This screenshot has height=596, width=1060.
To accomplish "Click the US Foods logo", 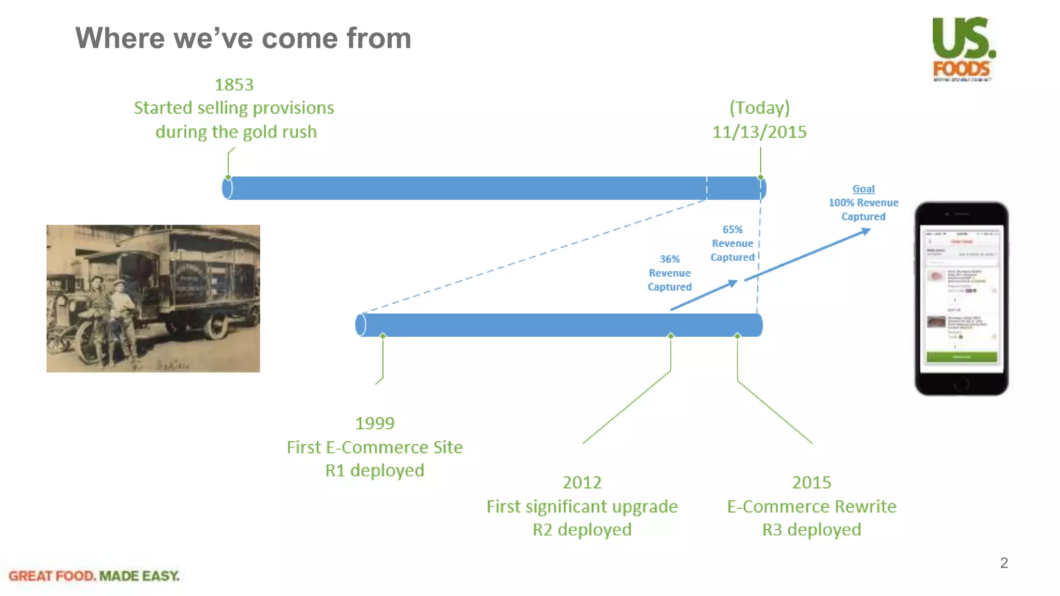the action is pos(963,49).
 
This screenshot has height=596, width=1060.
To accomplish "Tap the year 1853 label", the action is pos(234,85).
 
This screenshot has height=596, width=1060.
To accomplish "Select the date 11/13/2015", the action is pos(759,132).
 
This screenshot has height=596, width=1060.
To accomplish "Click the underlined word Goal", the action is pos(863,189).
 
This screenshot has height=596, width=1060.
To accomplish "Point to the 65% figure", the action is pos(732,229).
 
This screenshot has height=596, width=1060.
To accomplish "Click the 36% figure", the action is pos(669,259).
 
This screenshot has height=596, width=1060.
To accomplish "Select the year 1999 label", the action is pos(375,423).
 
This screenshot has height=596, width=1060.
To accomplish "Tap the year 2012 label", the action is pos(582,482).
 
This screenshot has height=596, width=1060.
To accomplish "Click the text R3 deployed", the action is pos(812,529).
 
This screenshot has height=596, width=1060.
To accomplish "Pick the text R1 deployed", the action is pos(375,470).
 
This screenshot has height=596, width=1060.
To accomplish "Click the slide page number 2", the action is pos(1004,563).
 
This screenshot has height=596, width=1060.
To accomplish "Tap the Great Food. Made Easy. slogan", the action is pos(94,576).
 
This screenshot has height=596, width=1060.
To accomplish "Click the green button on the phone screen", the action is pos(961,356).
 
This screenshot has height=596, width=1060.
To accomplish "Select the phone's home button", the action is pos(961,384).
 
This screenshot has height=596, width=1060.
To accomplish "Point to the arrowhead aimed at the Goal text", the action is pos(865,232).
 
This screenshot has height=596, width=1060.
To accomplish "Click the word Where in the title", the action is pos(120,38).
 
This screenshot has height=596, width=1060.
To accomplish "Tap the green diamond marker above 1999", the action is pos(383,336).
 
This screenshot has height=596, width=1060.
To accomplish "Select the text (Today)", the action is pos(759,108).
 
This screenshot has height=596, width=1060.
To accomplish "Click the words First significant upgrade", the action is pos(582,506).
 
